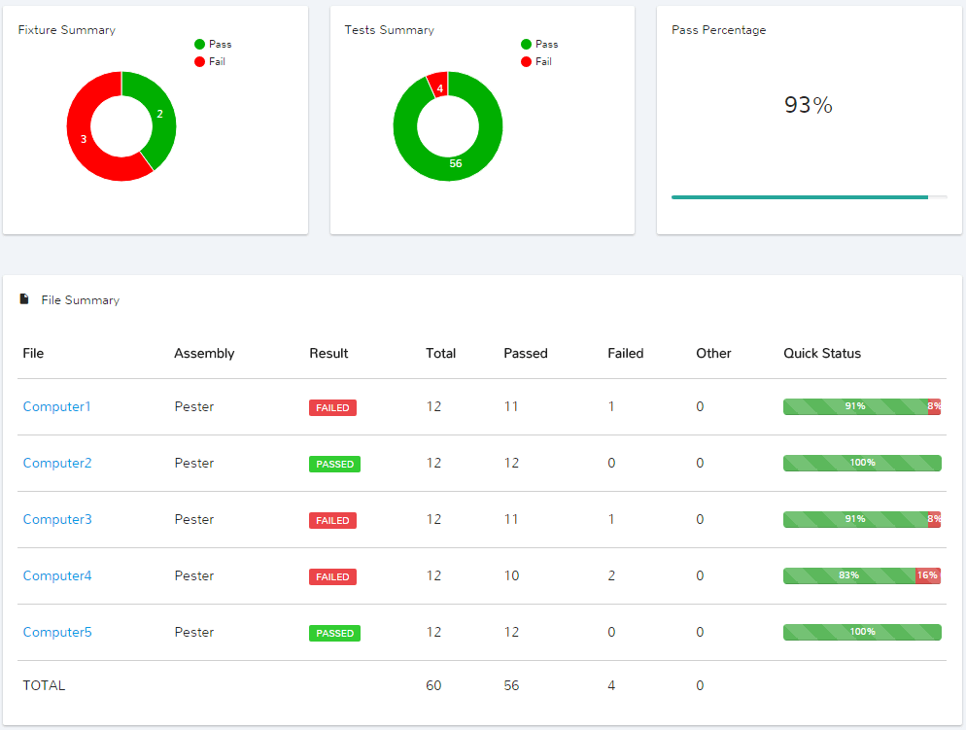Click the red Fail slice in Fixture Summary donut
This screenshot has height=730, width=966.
click(82, 139)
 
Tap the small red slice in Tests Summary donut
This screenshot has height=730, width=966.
click(438, 86)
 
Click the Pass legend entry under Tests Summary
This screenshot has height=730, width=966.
click(539, 45)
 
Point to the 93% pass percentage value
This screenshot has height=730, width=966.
click(808, 105)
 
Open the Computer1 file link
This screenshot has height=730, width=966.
click(56, 407)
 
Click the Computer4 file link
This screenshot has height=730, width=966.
click(57, 576)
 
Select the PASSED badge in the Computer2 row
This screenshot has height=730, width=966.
click(334, 464)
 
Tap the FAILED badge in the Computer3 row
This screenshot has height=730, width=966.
click(332, 520)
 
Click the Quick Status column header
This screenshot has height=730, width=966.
click(822, 354)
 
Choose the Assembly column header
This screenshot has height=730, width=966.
click(204, 354)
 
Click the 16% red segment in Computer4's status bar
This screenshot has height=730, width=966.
click(927, 576)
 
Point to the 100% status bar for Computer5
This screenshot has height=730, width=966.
click(862, 633)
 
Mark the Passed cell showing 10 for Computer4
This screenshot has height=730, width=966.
click(511, 576)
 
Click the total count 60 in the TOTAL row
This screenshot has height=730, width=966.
click(433, 686)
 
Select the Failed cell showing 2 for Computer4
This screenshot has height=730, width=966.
click(611, 576)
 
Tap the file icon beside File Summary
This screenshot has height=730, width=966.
click(24, 299)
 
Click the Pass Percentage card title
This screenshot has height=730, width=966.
click(718, 30)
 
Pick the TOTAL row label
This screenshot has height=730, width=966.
click(44, 686)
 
